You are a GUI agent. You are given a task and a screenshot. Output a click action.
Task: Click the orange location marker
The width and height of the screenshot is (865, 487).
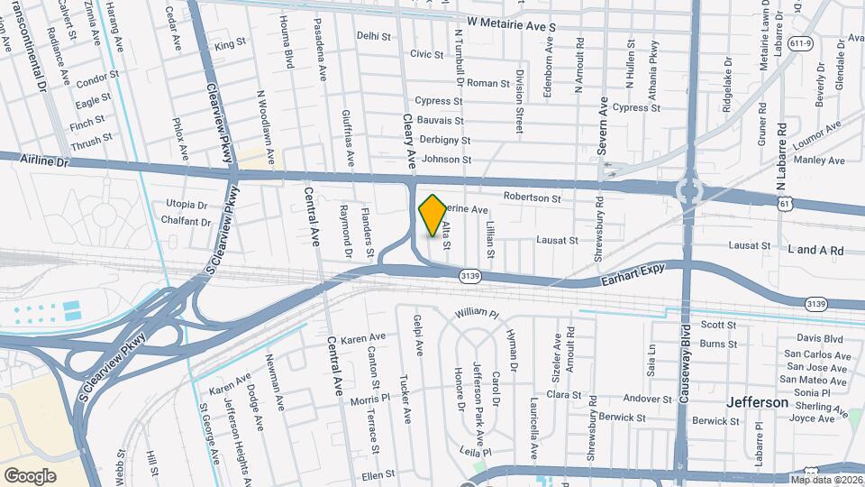tap(432, 215)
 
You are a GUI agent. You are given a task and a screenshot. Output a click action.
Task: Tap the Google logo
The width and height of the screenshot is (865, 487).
tap(31, 475)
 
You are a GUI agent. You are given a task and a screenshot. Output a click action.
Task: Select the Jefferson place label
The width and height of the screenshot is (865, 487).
tap(758, 402)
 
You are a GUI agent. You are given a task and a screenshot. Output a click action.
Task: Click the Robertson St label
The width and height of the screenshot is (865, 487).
tap(532, 198)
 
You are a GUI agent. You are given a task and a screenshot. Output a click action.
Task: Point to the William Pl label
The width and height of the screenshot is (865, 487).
tap(477, 314)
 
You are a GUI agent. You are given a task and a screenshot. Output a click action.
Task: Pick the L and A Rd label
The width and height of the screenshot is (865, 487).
tap(815, 250)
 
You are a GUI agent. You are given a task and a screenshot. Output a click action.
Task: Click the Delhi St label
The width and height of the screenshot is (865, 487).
tap(374, 37)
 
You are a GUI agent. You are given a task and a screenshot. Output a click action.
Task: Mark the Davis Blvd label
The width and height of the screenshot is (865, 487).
tap(819, 339)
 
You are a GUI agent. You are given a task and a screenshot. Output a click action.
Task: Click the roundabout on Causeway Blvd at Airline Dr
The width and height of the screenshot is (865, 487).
tap(691, 190)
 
